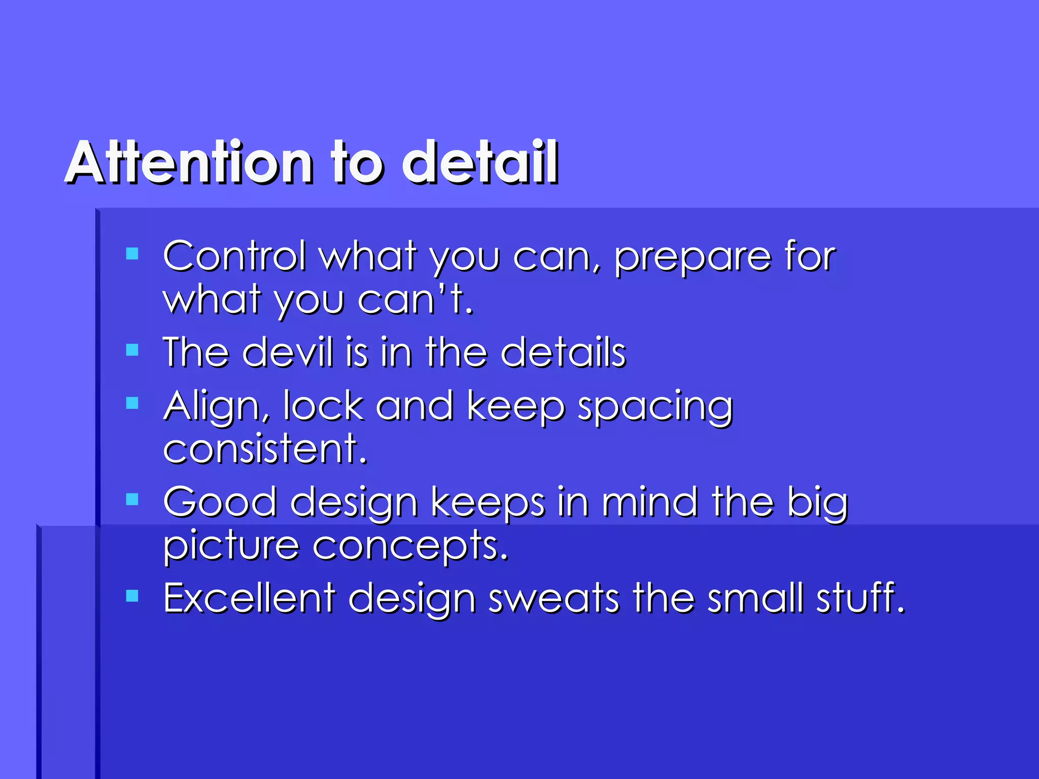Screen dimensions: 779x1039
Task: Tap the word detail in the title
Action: (x=480, y=162)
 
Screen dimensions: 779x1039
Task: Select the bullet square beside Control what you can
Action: (x=132, y=254)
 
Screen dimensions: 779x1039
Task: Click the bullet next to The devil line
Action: (x=132, y=350)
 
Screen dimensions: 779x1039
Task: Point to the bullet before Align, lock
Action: (x=132, y=403)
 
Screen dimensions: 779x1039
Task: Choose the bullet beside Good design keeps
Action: (x=132, y=500)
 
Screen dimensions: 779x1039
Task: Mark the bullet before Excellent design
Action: (x=132, y=595)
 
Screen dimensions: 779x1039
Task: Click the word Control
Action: (x=234, y=256)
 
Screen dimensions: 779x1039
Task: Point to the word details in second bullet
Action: (x=563, y=352)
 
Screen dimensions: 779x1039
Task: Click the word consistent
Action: (x=264, y=449)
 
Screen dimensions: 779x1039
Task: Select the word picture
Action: (x=231, y=548)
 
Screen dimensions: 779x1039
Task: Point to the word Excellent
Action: (x=249, y=598)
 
